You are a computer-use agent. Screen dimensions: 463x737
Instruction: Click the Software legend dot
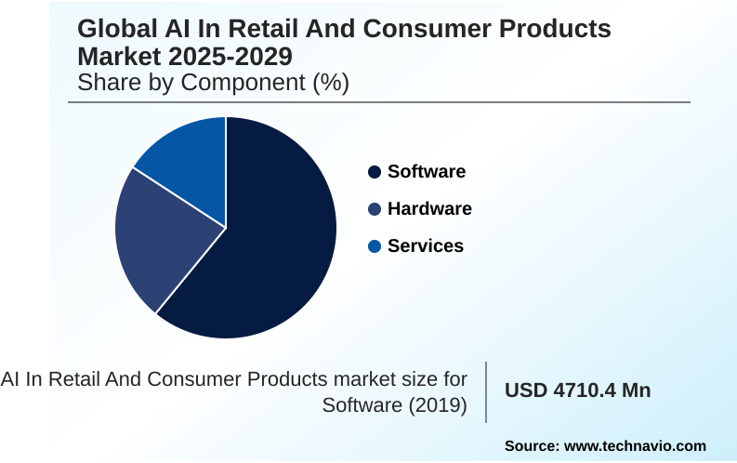point(375,172)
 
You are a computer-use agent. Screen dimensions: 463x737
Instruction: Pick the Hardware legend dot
point(375,209)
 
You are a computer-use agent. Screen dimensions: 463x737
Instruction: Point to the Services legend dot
point(375,246)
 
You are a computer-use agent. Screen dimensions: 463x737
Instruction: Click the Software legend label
point(427,172)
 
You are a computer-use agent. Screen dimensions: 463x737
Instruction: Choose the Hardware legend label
point(429,209)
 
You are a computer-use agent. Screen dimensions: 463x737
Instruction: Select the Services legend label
point(426,246)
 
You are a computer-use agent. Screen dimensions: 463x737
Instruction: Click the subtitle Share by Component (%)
point(213,83)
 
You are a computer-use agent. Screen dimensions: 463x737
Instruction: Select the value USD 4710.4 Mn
point(577,390)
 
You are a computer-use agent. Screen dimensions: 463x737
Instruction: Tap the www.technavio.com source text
point(635,446)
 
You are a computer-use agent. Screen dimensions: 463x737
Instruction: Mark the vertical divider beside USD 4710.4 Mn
point(486,391)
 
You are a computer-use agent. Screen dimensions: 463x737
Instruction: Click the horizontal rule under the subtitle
point(379,102)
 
